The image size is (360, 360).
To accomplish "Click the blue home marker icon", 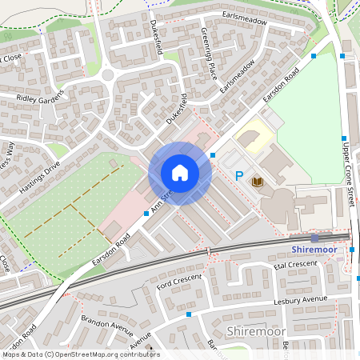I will coord(180,173).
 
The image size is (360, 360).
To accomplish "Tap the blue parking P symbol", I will coord(238,175).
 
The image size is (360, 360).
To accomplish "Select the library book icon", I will coord(258,182).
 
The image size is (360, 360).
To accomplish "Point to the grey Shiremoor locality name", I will coord(255,330).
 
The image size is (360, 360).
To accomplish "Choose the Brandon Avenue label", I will coord(106,327).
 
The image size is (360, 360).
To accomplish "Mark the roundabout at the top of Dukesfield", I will coord(108,75).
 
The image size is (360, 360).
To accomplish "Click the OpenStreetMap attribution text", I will coord(80,354).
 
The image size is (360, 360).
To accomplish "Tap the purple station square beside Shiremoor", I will coord(314,238).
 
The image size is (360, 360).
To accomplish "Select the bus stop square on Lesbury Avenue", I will coord(189,315).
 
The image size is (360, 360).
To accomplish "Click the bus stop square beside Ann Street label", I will coord(146,214).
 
